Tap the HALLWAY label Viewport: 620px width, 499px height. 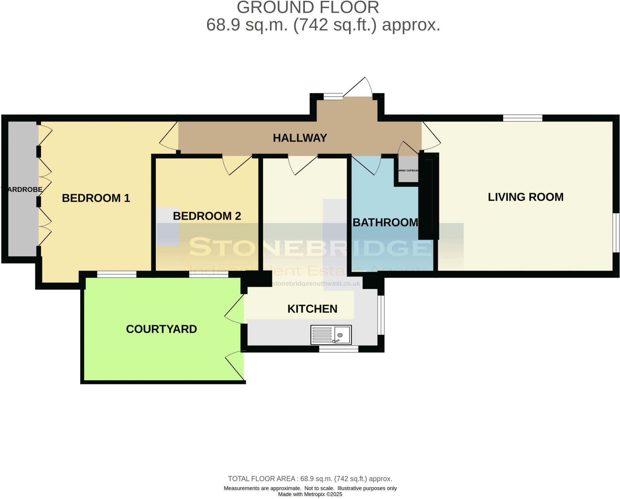coord(300,138)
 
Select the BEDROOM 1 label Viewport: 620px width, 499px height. coord(96,198)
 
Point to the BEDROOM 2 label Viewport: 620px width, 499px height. coord(207,216)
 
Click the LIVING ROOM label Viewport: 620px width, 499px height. coord(526,197)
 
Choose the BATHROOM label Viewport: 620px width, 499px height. coord(385,223)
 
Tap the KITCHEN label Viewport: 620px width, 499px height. coord(312,309)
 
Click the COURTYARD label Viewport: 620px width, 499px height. coord(161,329)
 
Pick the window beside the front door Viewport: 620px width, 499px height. coord(333,97)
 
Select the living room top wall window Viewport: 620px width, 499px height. coord(523,118)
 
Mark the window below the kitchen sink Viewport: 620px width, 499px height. coord(338,349)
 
